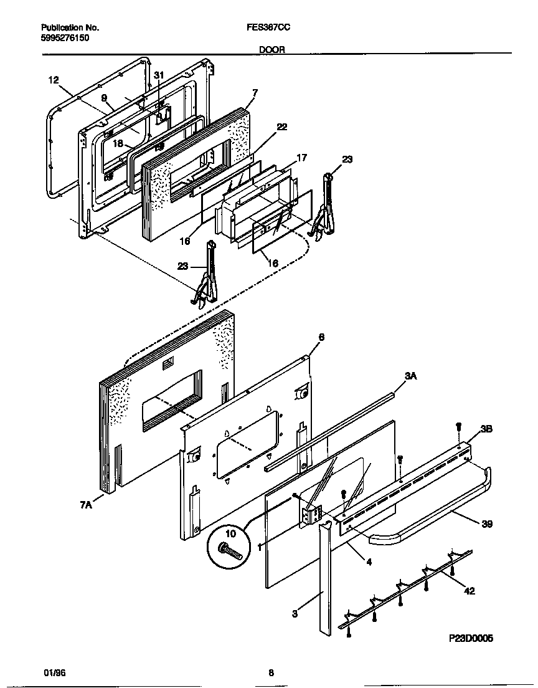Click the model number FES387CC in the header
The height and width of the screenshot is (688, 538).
click(268, 28)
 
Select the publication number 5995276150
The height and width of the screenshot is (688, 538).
click(66, 37)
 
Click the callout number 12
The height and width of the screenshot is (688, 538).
click(53, 80)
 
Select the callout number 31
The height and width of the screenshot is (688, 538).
click(159, 75)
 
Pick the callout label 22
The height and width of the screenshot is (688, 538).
click(281, 127)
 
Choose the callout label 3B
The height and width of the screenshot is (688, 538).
click(486, 429)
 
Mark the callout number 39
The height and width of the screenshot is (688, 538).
click(486, 525)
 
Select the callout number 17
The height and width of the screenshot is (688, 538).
click(301, 158)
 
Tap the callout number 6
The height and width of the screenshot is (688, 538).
click(321, 337)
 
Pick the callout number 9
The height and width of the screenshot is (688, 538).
click(103, 97)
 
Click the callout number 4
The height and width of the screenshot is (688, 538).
click(369, 561)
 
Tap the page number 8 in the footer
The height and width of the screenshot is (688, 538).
click(271, 672)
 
